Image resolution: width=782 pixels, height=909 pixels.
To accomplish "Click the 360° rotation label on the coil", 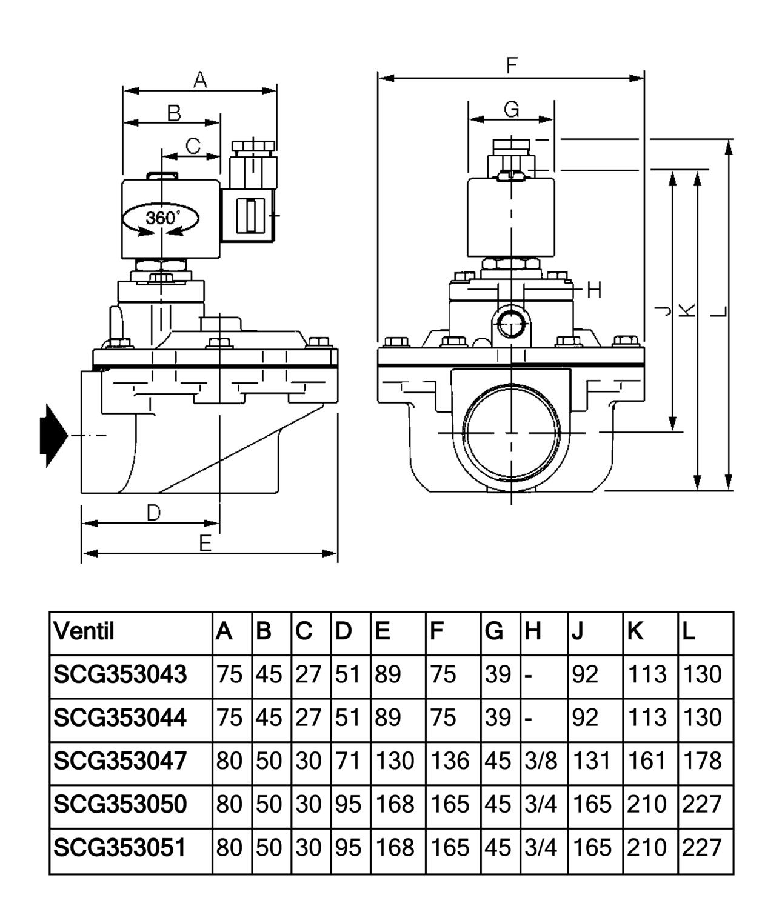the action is (x=162, y=217).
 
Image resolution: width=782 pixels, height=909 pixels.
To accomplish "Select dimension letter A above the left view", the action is (x=200, y=80).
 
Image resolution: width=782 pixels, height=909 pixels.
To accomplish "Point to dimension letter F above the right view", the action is (x=512, y=65).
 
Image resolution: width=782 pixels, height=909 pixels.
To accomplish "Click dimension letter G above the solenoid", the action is (x=512, y=109).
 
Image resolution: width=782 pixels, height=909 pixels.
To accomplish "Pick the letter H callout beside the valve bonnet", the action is (x=594, y=290).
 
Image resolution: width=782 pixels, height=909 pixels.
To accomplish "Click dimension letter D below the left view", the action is (x=153, y=513).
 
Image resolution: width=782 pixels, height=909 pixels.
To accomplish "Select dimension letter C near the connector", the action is (x=193, y=146).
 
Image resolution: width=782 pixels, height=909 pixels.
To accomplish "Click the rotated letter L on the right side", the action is (x=719, y=312).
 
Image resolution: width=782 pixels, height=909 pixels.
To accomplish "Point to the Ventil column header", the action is (x=84, y=631).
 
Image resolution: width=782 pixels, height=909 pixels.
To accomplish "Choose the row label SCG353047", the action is (x=120, y=760).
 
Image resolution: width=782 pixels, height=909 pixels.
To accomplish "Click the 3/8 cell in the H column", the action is (x=541, y=761).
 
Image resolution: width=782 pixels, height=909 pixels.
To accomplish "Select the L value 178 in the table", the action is (x=702, y=761).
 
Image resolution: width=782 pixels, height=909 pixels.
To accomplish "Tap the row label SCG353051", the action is (x=119, y=847).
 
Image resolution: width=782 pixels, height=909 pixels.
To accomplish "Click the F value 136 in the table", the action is (x=449, y=761).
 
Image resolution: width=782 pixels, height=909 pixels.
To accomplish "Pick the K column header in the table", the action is (x=635, y=631).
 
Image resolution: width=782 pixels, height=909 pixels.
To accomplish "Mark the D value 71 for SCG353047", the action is (x=347, y=761).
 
